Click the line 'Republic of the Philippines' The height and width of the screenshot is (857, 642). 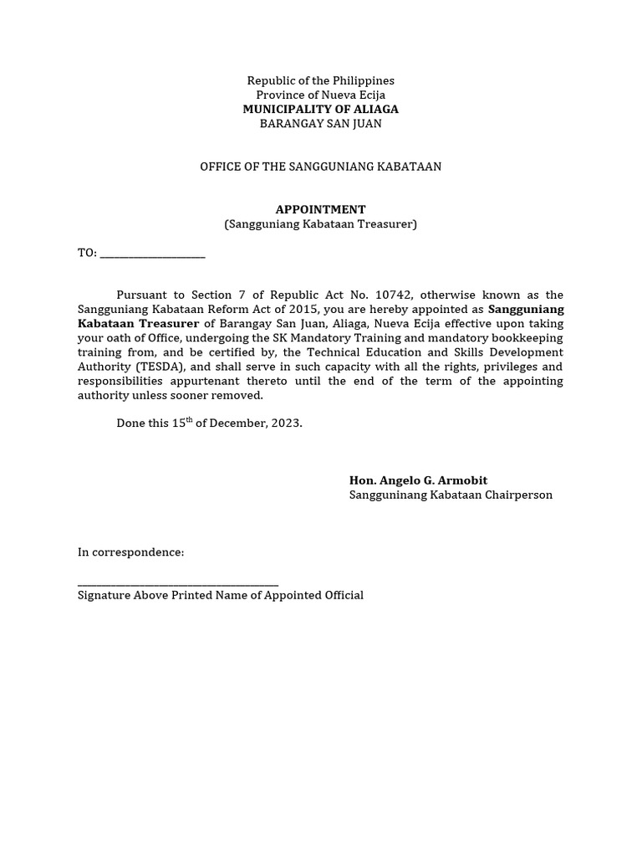tap(320, 80)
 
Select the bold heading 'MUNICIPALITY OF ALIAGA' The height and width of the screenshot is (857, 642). tap(320, 109)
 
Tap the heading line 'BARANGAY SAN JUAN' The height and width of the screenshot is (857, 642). tap(320, 124)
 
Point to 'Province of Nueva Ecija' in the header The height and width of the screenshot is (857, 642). tap(320, 95)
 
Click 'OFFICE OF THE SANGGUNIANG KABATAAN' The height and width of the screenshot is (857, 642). tap(320, 167)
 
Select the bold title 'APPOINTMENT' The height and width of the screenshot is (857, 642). tap(320, 209)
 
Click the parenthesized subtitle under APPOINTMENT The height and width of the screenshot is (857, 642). tap(320, 223)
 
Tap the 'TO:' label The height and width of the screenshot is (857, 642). tap(87, 253)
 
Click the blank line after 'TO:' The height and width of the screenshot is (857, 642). tap(152, 254)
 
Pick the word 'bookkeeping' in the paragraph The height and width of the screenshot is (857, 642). tap(527, 337)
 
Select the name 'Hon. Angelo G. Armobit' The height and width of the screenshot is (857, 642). tap(418, 480)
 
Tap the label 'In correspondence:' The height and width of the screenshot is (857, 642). tap(130, 552)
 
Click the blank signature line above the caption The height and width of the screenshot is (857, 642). tap(177, 584)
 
